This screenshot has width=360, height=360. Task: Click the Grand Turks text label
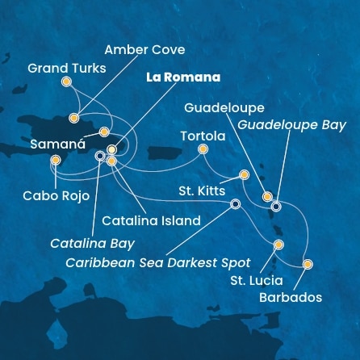tap(67, 68)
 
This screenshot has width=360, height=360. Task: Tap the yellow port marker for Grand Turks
tap(66, 81)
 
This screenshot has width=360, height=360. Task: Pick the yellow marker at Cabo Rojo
tap(55, 160)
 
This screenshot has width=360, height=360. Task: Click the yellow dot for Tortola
tap(203, 149)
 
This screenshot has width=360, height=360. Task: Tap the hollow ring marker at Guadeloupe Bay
tap(276, 206)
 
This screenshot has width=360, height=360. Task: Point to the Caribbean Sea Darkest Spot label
tap(157, 262)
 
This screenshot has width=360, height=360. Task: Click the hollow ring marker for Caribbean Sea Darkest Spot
tap(235, 204)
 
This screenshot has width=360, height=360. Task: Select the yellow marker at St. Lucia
tap(278, 244)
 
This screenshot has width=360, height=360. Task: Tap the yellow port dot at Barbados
tap(307, 264)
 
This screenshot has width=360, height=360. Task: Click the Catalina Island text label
tap(151, 220)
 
